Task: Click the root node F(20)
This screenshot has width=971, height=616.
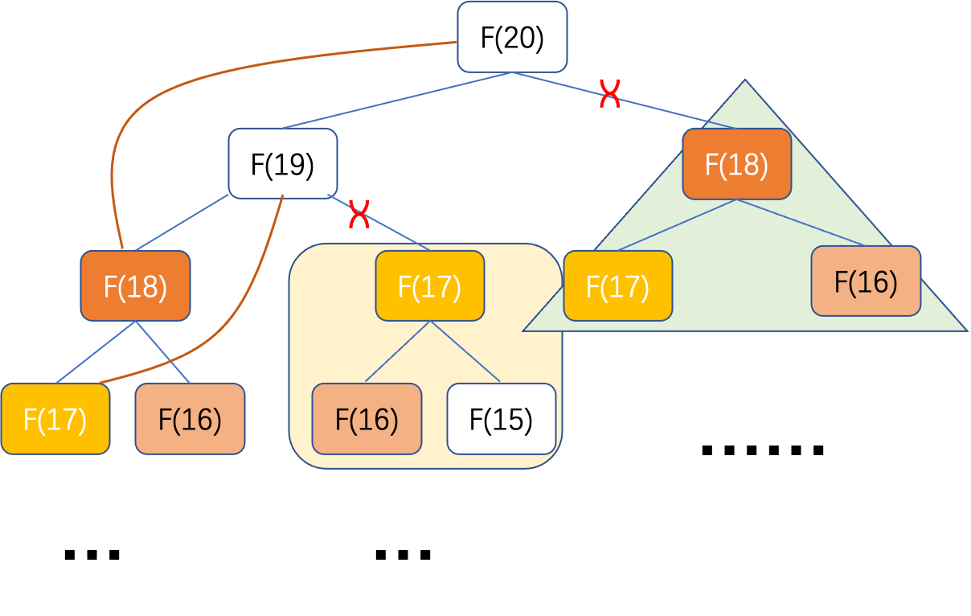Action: (512, 37)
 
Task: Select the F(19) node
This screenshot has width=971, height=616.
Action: (282, 163)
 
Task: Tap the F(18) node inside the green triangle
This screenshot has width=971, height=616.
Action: (736, 163)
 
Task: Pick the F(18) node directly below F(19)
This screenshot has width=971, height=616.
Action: (135, 285)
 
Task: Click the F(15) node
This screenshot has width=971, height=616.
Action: (501, 418)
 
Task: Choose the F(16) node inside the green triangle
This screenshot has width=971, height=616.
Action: (865, 281)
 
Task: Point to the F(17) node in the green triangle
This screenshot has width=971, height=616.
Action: (617, 285)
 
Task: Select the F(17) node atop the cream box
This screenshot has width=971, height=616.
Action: (429, 285)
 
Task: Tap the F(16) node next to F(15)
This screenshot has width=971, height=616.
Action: (367, 418)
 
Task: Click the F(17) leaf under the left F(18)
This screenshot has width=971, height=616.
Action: (55, 418)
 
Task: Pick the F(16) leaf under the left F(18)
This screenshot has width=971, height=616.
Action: (190, 418)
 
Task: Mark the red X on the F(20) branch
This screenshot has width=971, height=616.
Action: (610, 95)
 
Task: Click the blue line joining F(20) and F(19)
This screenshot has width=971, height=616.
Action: (398, 100)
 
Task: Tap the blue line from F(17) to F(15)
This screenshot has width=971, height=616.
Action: (466, 351)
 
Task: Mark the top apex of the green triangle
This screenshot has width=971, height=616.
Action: (746, 81)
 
